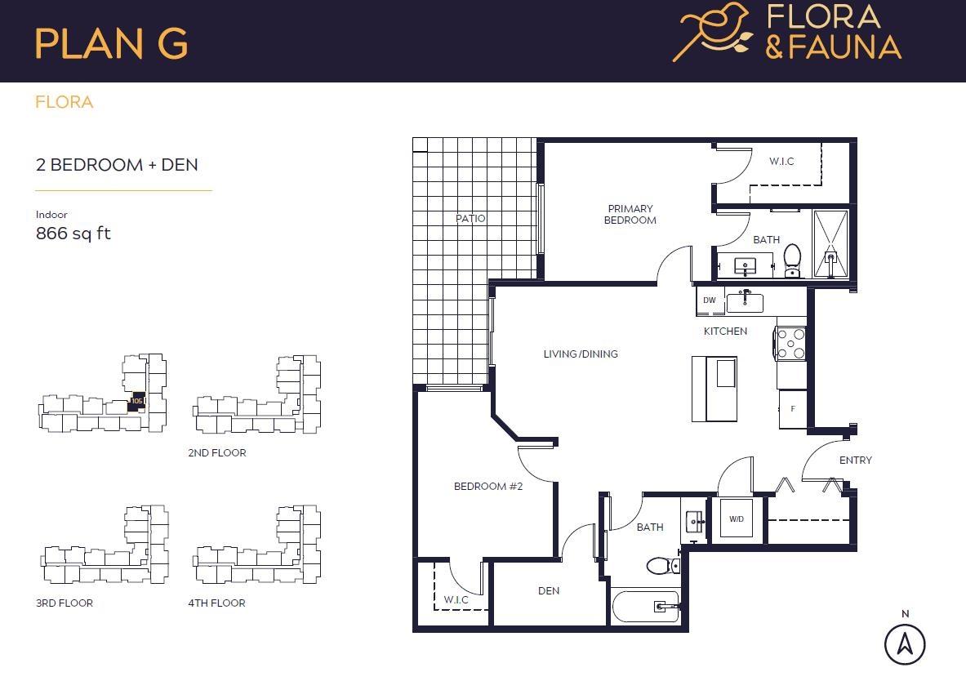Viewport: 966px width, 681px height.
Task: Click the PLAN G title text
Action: click(x=111, y=43)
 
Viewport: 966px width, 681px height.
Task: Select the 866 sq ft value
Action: click(x=73, y=234)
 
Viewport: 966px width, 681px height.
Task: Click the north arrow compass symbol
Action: click(x=905, y=643)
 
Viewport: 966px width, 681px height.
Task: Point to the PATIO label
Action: click(x=470, y=219)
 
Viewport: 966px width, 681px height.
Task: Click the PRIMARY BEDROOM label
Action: click(x=630, y=215)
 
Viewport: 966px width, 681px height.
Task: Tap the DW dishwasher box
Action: click(x=709, y=300)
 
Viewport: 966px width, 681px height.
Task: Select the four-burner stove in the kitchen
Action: click(x=790, y=343)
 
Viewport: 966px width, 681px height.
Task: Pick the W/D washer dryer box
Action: click(x=737, y=519)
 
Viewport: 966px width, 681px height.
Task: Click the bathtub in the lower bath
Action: click(x=646, y=607)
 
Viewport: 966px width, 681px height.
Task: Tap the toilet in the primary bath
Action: click(x=792, y=260)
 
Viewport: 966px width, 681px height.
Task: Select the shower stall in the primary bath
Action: click(x=830, y=243)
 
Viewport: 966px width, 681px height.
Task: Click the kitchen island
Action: click(x=714, y=389)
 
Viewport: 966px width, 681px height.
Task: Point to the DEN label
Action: click(x=549, y=590)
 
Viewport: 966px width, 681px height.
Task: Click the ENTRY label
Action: click(x=855, y=461)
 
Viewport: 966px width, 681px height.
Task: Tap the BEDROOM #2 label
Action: click(x=487, y=487)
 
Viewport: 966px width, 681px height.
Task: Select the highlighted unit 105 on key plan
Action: click(x=137, y=400)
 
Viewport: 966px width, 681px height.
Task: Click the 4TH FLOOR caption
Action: click(x=216, y=603)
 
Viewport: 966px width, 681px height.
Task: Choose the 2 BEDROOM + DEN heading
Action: click(x=117, y=165)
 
